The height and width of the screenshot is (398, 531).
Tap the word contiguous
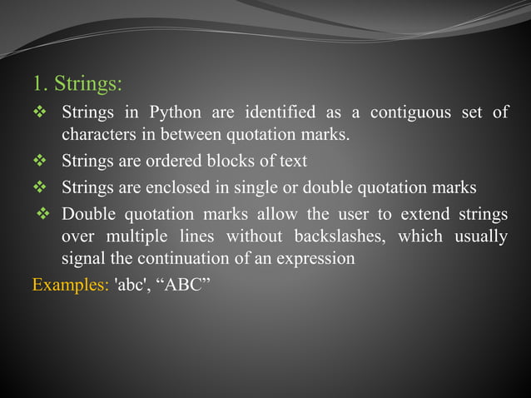(x=408, y=112)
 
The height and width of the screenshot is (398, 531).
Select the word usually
(x=480, y=236)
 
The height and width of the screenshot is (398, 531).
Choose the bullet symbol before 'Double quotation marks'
(x=45, y=214)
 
